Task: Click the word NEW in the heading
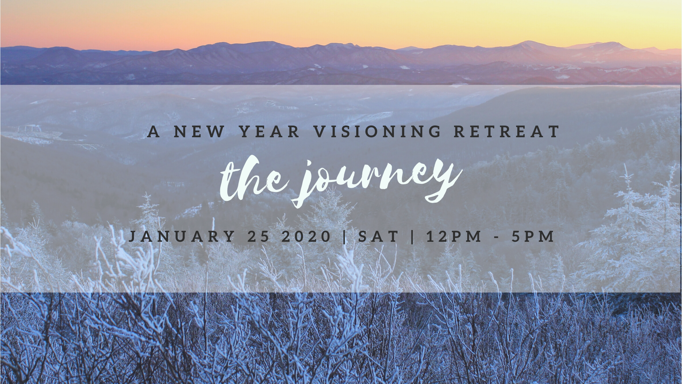pos(199,132)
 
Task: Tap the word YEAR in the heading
pos(270,132)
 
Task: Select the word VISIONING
pos(377,132)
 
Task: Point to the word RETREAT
pos(507,132)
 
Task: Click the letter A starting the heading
pos(153,132)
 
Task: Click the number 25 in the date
pos(259,236)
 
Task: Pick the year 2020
pos(307,236)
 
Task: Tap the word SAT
pos(378,236)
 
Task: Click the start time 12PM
pos(454,236)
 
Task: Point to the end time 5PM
pos(533,236)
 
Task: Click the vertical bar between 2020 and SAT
pos(345,236)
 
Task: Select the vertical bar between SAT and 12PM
pos(412,236)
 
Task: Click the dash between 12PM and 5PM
pos(497,237)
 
